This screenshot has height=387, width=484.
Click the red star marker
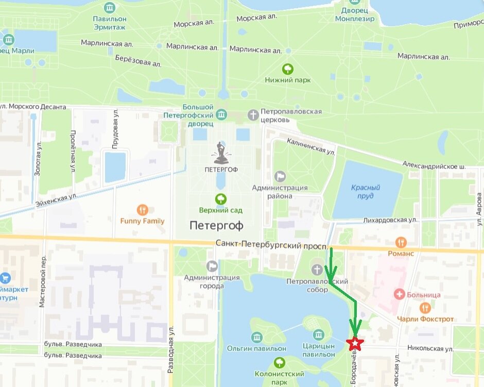[354, 344]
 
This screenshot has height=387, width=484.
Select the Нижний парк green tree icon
[288, 69]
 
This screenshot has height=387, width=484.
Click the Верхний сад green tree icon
[221, 198]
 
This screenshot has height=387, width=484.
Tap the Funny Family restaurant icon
[143, 210]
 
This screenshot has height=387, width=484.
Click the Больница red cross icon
[399, 295]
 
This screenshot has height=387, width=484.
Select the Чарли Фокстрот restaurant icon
[425, 308]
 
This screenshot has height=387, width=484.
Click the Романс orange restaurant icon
[401, 242]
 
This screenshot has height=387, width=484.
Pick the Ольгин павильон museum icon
[256, 338]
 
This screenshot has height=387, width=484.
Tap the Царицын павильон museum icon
[318, 335]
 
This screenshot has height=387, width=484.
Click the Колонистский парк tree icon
[280, 362]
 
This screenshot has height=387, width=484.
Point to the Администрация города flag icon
[212, 266]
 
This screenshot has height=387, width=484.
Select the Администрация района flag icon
[280, 177]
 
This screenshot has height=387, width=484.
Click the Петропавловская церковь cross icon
[253, 114]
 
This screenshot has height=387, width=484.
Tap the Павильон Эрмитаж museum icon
[109, 7]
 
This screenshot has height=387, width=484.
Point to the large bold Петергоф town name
[216, 225]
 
